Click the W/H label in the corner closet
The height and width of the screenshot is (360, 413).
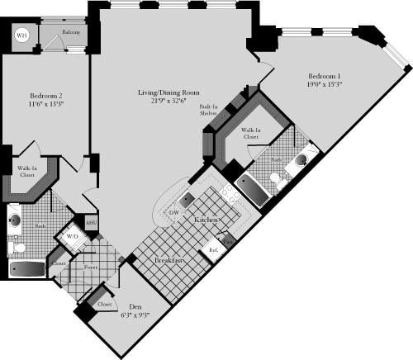(x=22, y=36)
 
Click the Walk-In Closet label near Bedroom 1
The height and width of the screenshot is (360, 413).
(x=252, y=134)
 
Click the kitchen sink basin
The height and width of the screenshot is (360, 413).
(x=188, y=197)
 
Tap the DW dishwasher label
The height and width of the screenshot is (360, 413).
(x=173, y=213)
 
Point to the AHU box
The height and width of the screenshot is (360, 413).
(x=91, y=223)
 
